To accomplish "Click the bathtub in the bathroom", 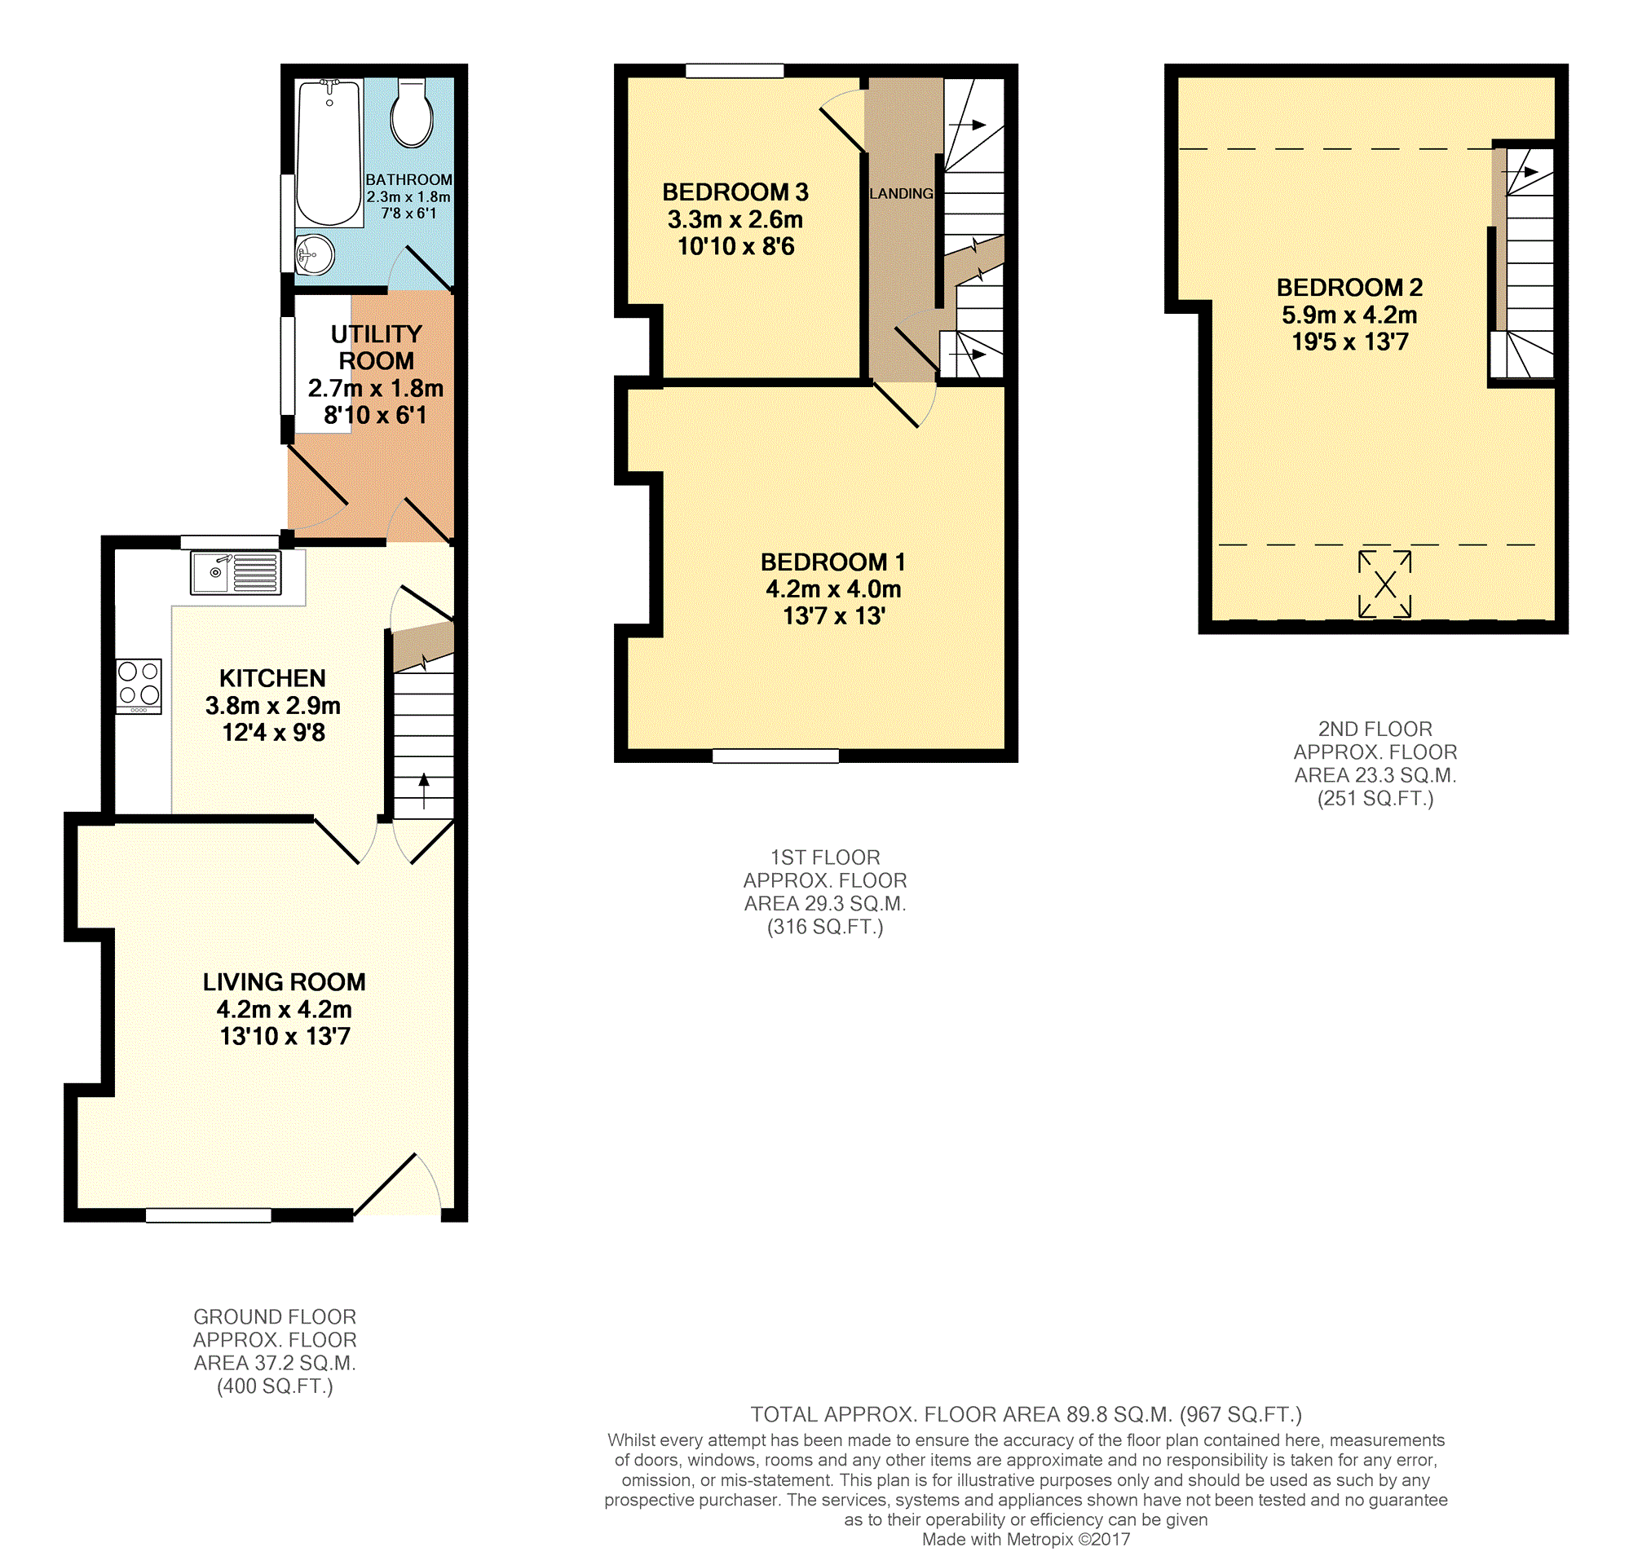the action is [x=329, y=152].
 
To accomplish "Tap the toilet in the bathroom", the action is [x=412, y=113].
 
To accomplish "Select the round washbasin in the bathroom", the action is [x=315, y=254].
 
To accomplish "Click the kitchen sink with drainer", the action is [x=236, y=573].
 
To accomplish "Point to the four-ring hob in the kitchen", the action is [x=139, y=685].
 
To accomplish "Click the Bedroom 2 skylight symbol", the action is [x=1384, y=584].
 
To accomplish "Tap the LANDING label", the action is [x=901, y=193].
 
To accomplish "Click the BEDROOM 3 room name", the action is [x=735, y=192].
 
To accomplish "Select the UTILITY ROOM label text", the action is [x=376, y=347].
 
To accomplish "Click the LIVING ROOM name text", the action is [x=284, y=982].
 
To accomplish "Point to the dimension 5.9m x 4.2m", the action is [x=1349, y=315].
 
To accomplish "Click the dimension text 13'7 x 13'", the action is [x=834, y=616].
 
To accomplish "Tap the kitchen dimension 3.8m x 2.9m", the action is [x=272, y=706].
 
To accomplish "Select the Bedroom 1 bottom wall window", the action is [x=775, y=756].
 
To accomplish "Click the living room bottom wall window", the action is [x=209, y=1215].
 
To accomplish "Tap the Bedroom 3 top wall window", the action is [x=735, y=71].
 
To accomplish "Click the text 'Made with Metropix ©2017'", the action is [x=1026, y=1540].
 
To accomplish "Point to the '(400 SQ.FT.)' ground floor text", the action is [x=275, y=1386].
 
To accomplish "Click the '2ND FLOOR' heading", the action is [x=1375, y=729].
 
